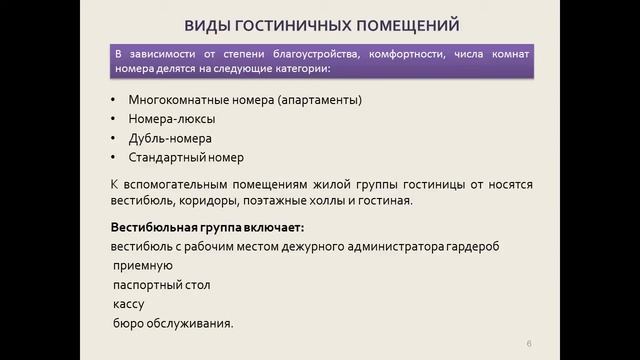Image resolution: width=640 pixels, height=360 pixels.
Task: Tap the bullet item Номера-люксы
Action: pos(167,119)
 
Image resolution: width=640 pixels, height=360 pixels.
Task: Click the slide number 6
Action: pos(529,344)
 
